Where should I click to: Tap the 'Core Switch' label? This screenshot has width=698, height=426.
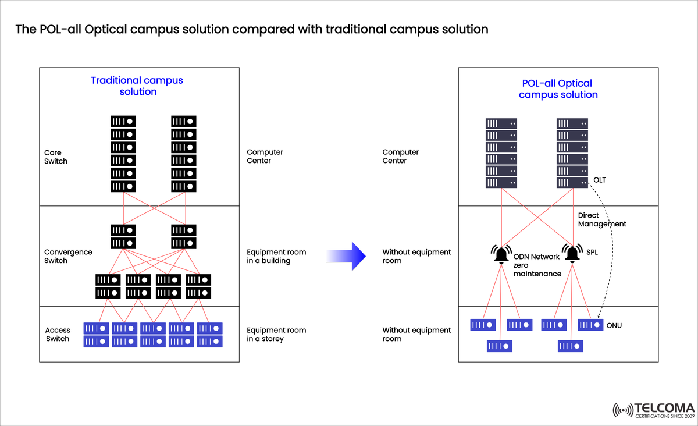point(56,157)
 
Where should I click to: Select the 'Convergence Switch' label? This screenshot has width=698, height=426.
point(68,257)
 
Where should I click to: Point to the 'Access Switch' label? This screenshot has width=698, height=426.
point(58,335)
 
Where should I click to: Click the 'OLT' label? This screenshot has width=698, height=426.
point(599,180)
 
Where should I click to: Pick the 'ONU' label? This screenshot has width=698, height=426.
point(614,325)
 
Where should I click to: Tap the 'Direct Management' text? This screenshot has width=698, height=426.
point(602,219)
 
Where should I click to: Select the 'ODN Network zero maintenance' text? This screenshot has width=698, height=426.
point(536,265)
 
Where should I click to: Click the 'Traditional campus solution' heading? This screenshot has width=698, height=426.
point(137,86)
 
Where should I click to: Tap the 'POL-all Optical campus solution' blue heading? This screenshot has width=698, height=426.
point(558,89)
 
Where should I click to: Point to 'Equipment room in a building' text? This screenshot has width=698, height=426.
point(276,257)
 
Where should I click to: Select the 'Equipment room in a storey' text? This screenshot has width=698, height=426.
point(276,335)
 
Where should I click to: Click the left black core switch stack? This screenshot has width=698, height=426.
point(123,154)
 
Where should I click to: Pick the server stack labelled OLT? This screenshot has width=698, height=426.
point(572,154)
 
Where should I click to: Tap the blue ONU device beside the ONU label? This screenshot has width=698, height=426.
point(590,325)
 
